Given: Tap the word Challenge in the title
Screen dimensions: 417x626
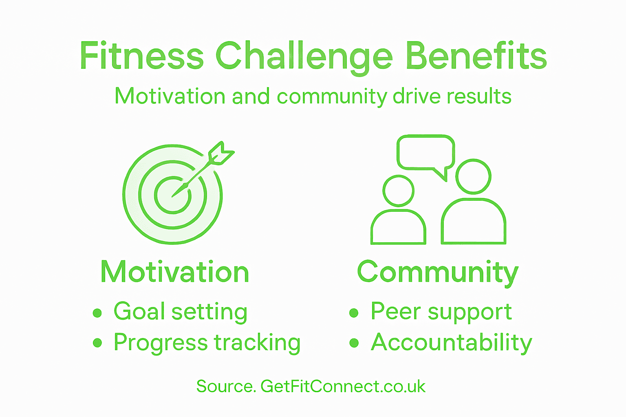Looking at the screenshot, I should tap(304, 57).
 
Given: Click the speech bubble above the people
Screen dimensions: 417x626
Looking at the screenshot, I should tap(426, 153).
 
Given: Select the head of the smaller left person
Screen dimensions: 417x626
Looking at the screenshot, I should tap(399, 191).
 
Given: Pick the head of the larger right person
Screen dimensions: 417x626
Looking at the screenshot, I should tap(473, 176).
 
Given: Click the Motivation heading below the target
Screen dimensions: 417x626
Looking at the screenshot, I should tap(175, 272).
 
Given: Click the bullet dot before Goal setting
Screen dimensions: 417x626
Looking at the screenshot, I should tap(97, 313).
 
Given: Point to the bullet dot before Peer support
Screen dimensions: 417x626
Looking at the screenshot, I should tap(354, 313).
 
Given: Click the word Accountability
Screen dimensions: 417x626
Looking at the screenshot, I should tap(452, 343).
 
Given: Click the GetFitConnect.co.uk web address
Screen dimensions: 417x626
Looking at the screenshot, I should tap(343, 386).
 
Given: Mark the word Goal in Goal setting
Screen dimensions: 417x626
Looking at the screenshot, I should tap(139, 312).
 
